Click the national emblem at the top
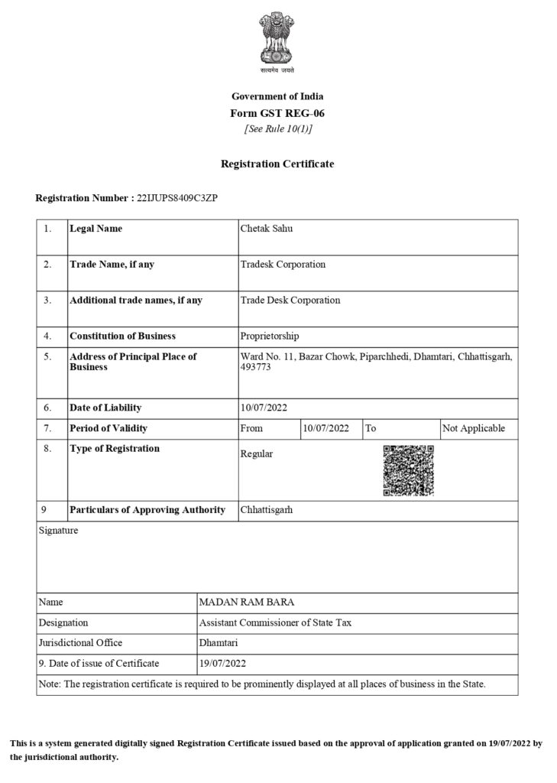coord(277,41)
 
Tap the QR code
coord(407,469)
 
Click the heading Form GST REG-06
coord(277,113)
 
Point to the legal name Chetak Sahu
coord(267,229)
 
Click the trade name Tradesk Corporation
coord(283,265)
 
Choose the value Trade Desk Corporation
coord(290,301)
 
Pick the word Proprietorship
coord(270,336)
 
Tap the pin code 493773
coord(255,368)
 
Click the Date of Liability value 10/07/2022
coord(264,408)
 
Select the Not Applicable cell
coord(474,428)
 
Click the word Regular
coord(256,454)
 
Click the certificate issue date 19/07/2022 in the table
coord(222,663)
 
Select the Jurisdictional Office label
coord(80,643)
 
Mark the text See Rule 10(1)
coord(277,128)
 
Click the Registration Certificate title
coord(277,164)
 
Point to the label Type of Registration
coord(115,449)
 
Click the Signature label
coord(58,530)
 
